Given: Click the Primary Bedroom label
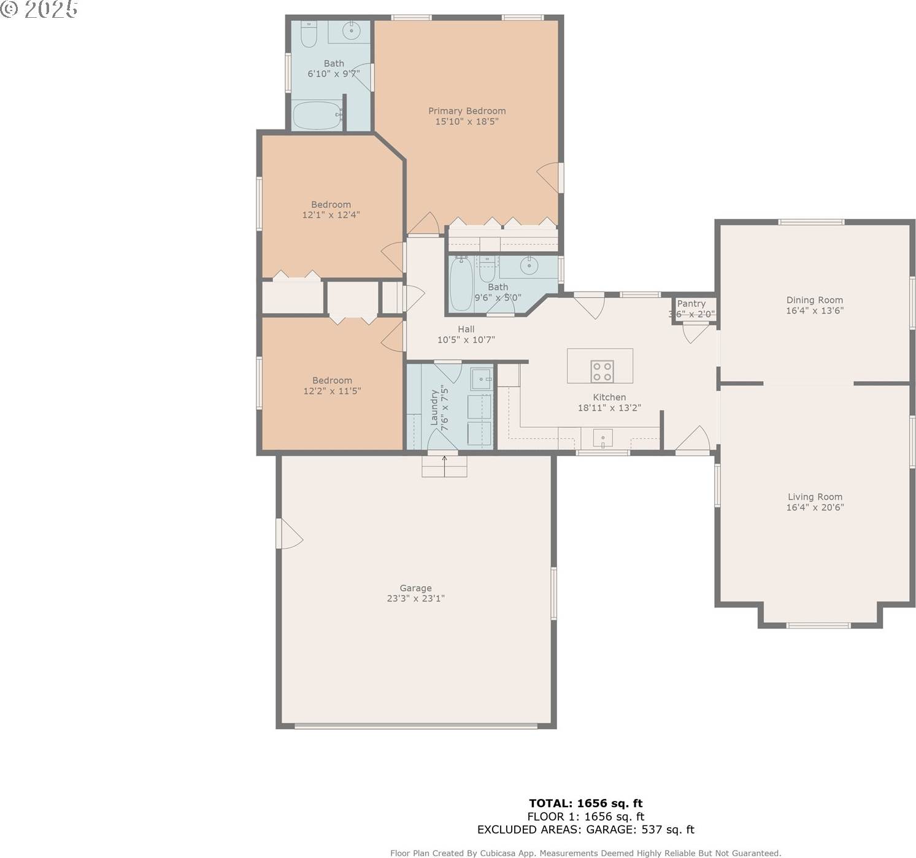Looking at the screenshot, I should point(466,111).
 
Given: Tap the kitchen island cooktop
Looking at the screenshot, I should point(601,371).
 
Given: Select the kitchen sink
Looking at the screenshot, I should point(602,439).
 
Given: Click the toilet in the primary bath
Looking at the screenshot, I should point(308,34).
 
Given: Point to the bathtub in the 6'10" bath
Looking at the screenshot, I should point(317,115).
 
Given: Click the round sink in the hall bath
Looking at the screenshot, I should point(528,265).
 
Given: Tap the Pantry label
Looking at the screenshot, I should point(691,304).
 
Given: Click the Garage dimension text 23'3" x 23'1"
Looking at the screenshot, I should point(415,598).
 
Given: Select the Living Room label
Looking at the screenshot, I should point(815,497).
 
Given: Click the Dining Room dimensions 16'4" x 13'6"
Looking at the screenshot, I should point(814,311).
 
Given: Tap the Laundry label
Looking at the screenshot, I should point(434,407).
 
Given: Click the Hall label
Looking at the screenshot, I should point(466,329).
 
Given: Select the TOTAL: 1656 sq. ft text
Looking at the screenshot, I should point(585,803).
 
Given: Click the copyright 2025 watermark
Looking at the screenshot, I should point(39,9).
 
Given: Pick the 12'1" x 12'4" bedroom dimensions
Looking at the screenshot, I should point(331,215).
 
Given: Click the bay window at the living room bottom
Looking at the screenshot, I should point(818,625).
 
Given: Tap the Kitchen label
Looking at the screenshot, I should point(609,397).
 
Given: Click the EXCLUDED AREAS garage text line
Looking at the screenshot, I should point(585,830).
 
